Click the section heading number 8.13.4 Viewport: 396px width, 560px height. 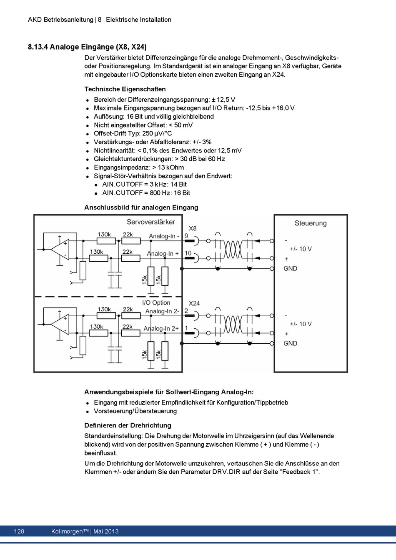point(38,47)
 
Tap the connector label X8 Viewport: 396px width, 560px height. point(193,228)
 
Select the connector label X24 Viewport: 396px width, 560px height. point(194,303)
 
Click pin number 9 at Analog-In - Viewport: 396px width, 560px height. point(186,236)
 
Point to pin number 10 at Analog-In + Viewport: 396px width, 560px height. point(188,253)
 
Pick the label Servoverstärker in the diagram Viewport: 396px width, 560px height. point(151,222)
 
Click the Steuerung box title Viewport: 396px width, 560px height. point(311,223)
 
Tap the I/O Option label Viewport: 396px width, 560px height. point(156,302)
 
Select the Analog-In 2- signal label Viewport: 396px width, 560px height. point(162,311)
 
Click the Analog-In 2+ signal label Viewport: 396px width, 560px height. point(161,328)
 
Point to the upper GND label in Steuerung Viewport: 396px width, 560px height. point(290,268)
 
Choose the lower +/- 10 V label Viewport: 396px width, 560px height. point(301,324)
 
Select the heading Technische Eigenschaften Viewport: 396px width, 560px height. point(125,89)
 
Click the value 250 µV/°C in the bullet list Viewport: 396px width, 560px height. point(157,133)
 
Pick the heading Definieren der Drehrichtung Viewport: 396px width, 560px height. point(128,425)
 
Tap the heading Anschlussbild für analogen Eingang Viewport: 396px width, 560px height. point(141,207)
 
